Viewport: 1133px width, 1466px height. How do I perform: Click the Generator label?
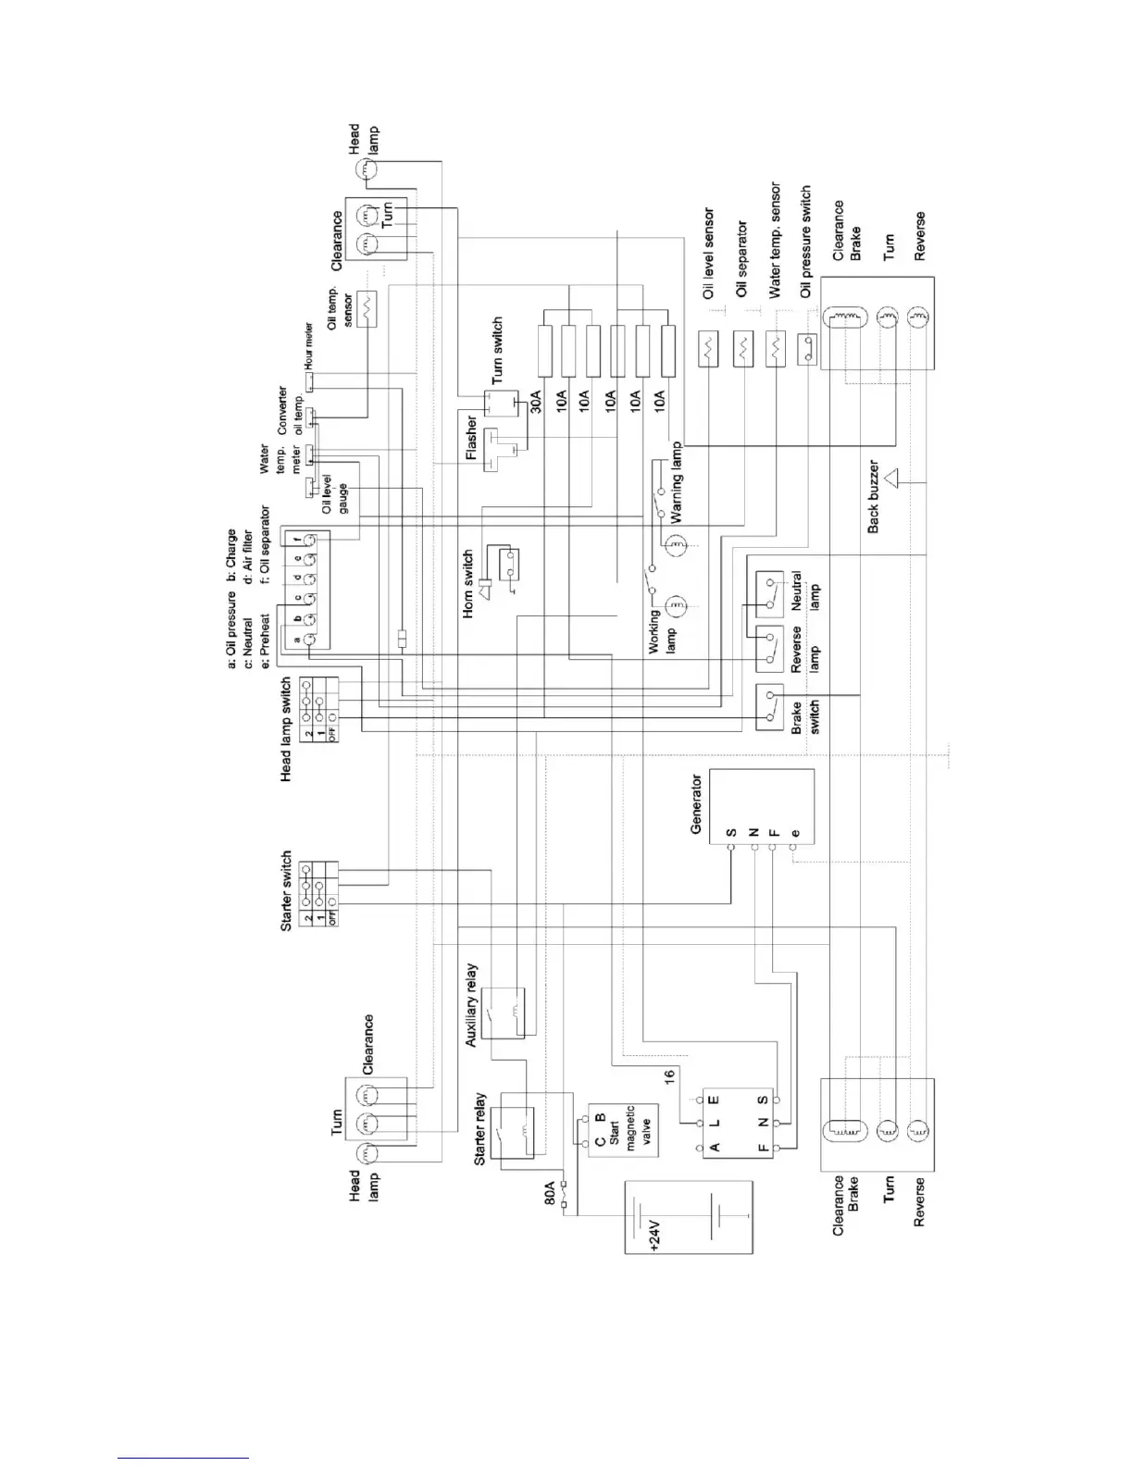[696, 804]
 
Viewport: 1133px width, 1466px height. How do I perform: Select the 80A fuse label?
[549, 1192]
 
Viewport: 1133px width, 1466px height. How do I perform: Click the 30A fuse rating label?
[536, 401]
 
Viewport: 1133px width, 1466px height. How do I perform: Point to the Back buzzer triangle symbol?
[892, 479]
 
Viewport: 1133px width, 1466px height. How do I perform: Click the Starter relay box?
[517, 1125]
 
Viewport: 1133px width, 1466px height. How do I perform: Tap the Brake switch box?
[770, 708]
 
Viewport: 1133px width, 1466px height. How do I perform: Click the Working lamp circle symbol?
[677, 606]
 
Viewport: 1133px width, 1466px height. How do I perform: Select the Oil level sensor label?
[709, 253]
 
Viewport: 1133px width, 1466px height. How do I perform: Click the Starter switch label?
[286, 890]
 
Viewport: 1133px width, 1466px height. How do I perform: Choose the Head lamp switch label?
[286, 729]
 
